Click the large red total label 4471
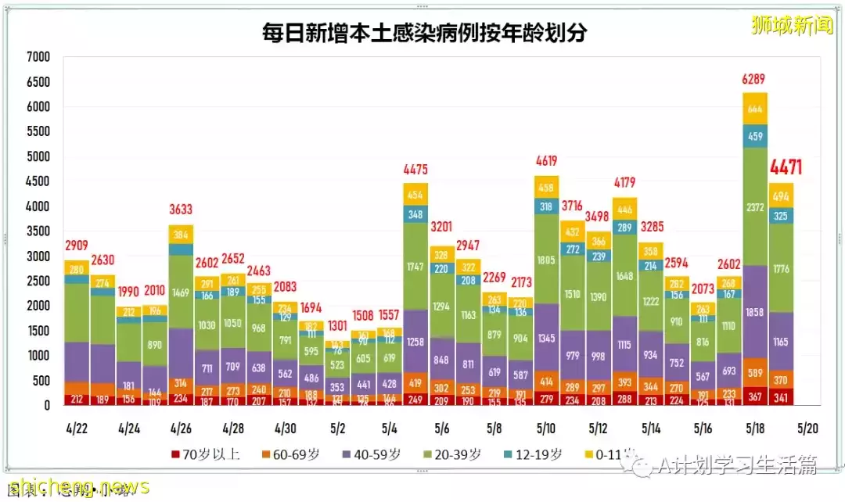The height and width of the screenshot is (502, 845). tap(785, 167)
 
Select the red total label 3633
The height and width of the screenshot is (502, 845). tap(181, 210)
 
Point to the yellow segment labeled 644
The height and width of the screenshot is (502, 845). tap(754, 109)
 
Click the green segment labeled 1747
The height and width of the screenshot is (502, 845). tap(415, 266)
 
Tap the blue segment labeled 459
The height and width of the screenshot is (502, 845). tap(754, 136)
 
